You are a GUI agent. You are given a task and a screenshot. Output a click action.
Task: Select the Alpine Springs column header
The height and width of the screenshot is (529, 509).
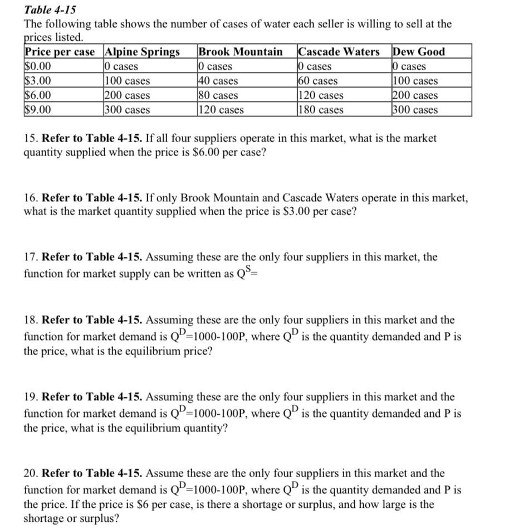(143, 52)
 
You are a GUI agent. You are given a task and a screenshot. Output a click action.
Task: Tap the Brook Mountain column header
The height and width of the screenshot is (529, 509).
(241, 52)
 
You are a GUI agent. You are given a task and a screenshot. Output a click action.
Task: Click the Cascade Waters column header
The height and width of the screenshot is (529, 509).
(339, 52)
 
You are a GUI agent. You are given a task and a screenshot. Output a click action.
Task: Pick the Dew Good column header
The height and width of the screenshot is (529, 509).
(419, 52)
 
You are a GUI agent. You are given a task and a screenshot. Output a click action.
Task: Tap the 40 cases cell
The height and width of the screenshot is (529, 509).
(218, 81)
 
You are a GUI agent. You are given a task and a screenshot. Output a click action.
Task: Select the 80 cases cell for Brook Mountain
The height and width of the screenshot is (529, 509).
(218, 95)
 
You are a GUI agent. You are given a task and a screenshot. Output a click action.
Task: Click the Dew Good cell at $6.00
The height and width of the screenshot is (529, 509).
(415, 95)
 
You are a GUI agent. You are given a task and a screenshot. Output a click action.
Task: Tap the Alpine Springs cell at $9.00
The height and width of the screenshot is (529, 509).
(128, 110)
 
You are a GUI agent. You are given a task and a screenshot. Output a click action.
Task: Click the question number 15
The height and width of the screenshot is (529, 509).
(31, 138)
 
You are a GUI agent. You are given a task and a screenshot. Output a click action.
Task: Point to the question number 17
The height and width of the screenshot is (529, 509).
(31, 257)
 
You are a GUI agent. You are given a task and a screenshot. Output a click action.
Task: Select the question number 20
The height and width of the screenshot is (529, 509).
(31, 473)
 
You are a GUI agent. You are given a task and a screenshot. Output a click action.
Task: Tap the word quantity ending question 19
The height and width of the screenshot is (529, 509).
(207, 429)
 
